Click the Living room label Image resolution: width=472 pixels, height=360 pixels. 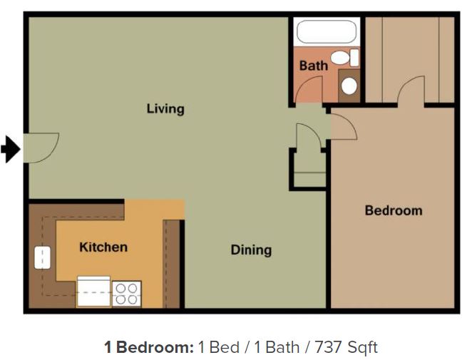165,108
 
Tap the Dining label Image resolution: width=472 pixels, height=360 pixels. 251,250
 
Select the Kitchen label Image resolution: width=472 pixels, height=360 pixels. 103,247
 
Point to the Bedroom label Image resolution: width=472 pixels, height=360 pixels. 394,210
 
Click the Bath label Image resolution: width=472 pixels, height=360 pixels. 313,66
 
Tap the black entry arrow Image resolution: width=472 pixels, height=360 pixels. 11,150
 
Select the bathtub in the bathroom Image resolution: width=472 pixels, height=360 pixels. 326,33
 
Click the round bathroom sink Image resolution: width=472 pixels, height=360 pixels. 349,86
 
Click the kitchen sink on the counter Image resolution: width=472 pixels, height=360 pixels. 42,257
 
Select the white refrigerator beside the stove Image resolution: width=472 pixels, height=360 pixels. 93,292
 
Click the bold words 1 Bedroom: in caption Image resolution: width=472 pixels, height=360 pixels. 148,347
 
